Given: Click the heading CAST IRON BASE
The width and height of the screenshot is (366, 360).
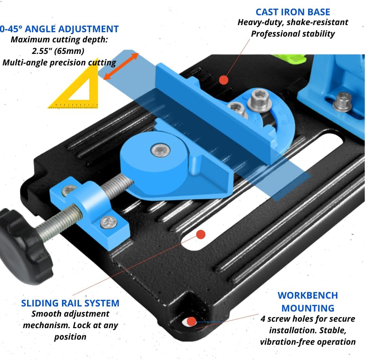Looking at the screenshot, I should tap(293, 12).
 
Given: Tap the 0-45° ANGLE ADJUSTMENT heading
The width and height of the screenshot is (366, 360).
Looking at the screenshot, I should tap(59, 29).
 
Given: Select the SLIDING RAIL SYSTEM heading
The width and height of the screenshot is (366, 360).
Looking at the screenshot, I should tap(70, 303).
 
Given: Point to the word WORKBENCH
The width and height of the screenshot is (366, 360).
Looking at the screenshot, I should tap(308, 295).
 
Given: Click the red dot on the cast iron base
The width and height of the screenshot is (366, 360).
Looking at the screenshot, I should tap(223, 80).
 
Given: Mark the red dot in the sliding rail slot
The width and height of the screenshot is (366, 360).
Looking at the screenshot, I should tap(201, 234).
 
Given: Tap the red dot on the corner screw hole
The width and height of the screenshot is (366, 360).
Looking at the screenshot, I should tap(191, 321).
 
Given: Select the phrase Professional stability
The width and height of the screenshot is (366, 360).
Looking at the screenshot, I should tap(293, 34).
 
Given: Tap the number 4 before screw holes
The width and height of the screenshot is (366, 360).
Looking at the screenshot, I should tap(263, 319).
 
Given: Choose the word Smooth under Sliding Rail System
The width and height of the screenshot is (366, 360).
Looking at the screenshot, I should tap(48, 314).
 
